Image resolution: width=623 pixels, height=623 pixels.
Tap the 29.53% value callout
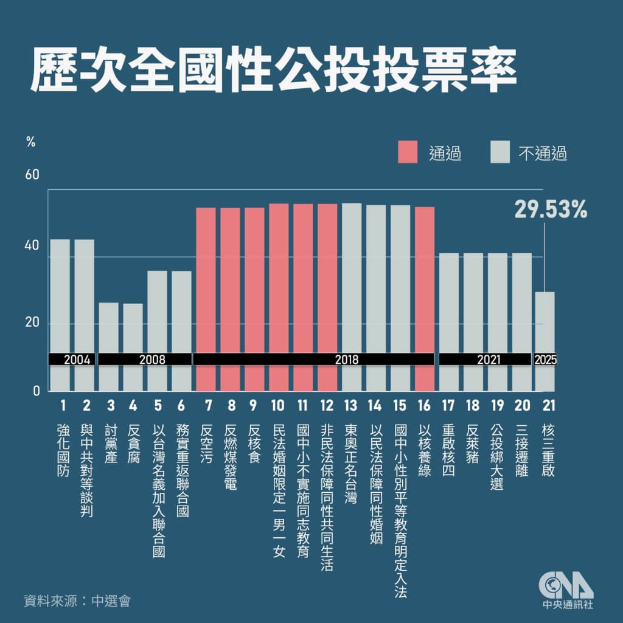coord(551,211)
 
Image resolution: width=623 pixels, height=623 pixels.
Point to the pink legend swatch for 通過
coord(408,153)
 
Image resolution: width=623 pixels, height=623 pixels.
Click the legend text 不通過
coord(542,154)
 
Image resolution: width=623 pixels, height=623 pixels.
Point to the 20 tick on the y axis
coord(32,323)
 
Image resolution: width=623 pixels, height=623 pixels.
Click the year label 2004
coord(72,359)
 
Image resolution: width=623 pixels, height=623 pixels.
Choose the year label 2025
coord(545,359)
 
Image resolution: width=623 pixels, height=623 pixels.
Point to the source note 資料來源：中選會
coord(77,601)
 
